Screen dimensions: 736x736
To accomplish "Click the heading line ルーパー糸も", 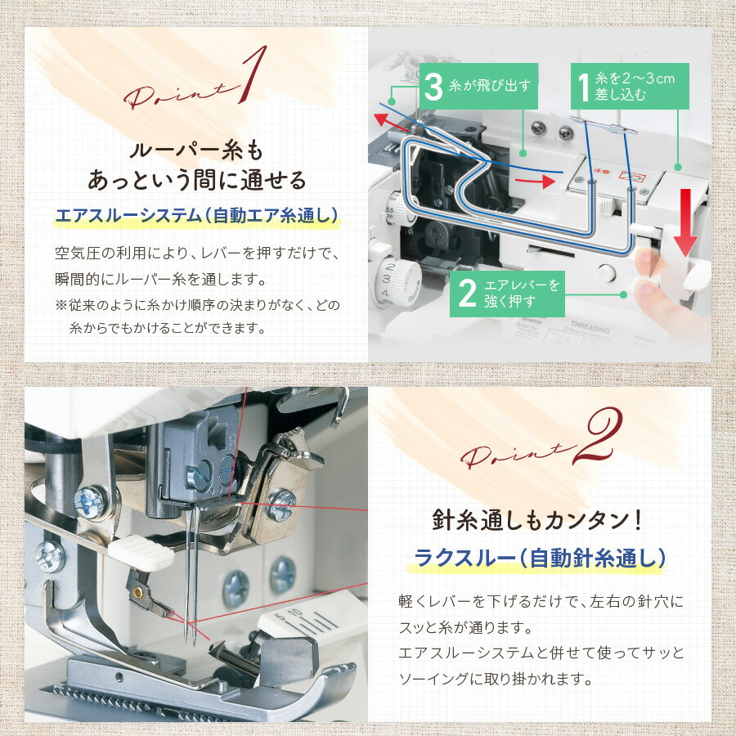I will coord(196,151).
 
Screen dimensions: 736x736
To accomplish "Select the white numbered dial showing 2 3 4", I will coord(391,280).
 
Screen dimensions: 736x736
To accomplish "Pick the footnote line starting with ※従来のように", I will coord(196,304).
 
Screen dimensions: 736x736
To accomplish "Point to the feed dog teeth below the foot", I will coord(114,694).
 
